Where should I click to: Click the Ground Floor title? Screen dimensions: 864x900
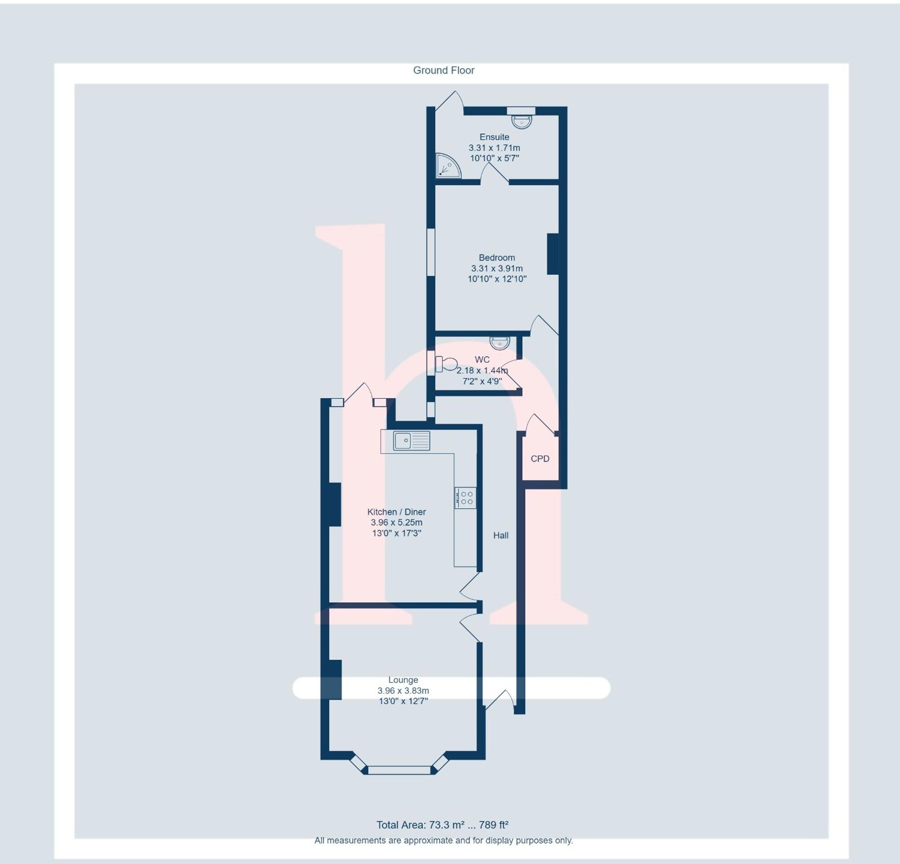444,70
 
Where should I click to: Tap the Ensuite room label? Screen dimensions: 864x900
494,137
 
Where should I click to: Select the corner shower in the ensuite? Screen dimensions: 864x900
447,166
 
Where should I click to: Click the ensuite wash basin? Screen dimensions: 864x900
522,121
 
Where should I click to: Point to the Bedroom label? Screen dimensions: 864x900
496,258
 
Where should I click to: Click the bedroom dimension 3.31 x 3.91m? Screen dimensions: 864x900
496,268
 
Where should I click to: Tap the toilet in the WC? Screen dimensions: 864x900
446,364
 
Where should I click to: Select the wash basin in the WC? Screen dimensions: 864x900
499,343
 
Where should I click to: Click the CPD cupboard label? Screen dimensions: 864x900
540,459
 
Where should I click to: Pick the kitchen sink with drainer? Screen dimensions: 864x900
411,440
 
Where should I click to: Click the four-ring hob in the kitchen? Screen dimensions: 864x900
465,498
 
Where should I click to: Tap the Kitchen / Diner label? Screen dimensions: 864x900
396,512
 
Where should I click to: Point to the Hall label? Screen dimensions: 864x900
500,536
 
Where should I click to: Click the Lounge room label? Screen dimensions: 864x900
403,680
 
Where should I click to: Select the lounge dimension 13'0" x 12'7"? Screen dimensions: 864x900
403,701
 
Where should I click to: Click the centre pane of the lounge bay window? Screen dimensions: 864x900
400,770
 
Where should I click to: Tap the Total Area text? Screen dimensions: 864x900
442,825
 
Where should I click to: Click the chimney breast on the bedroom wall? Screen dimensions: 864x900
553,254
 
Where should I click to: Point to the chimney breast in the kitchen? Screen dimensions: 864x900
335,504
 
